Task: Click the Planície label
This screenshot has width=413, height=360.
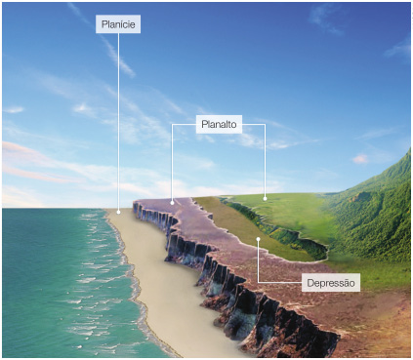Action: (118, 24)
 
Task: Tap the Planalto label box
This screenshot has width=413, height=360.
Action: (219, 125)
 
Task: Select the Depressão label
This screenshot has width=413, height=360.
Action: (332, 283)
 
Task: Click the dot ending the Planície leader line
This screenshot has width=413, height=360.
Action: (119, 210)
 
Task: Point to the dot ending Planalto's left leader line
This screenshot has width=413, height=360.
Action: (172, 202)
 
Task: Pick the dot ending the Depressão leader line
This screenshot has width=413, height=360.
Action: (258, 238)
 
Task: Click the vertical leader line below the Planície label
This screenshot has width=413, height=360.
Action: (119, 117)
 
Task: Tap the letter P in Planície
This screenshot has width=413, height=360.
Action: (103, 24)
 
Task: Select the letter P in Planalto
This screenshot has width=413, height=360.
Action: (203, 125)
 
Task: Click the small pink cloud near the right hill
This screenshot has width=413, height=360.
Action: (361, 158)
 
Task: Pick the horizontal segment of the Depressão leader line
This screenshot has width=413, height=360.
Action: (278, 283)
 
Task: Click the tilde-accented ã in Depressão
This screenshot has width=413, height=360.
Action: (347, 283)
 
